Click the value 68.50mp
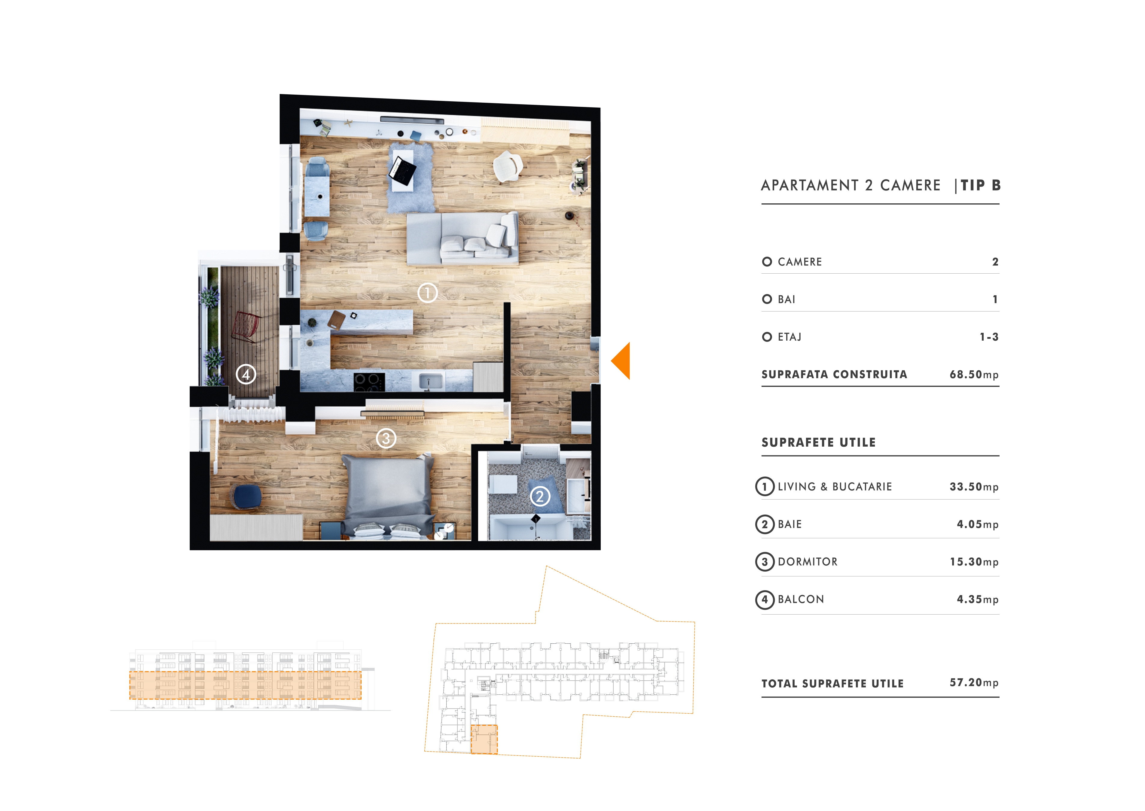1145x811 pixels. (x=974, y=375)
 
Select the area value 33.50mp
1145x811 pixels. (x=974, y=487)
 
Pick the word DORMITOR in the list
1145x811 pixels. (x=808, y=562)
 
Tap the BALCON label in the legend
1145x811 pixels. (x=801, y=599)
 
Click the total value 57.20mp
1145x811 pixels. (x=974, y=683)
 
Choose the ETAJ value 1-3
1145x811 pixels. (x=989, y=337)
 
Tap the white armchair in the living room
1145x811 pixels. (x=508, y=166)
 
